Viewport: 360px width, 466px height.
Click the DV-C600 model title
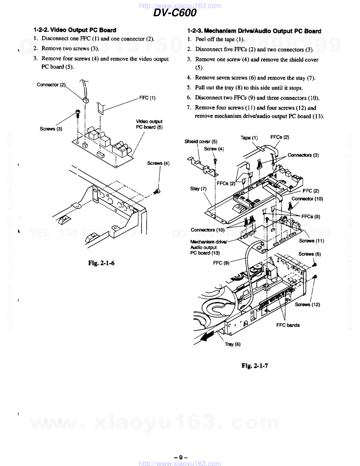tap(175, 13)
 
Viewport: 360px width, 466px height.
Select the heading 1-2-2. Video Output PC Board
tap(75, 30)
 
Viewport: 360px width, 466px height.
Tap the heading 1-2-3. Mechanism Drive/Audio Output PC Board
tap(254, 31)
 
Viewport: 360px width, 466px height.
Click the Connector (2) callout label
tap(51, 85)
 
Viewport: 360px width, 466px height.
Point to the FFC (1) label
tap(147, 98)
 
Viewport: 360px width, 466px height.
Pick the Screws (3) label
tap(51, 129)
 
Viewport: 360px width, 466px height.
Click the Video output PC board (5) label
tap(149, 124)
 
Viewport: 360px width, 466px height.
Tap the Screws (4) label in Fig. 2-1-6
tap(158, 163)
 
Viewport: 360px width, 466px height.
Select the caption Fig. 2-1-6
tap(101, 263)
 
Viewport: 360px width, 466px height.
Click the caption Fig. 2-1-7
tap(255, 366)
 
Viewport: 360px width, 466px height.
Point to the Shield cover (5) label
tap(201, 142)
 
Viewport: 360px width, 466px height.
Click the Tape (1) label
tap(249, 138)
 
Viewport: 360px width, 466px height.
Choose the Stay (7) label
tap(198, 189)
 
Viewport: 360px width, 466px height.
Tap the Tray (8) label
tap(233, 344)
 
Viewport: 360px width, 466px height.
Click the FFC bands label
tap(288, 325)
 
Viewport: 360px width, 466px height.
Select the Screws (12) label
tap(307, 305)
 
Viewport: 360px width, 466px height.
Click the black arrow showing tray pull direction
tap(208, 336)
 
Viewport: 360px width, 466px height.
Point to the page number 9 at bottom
tap(181, 458)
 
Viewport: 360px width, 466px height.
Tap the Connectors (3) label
tap(303, 155)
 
